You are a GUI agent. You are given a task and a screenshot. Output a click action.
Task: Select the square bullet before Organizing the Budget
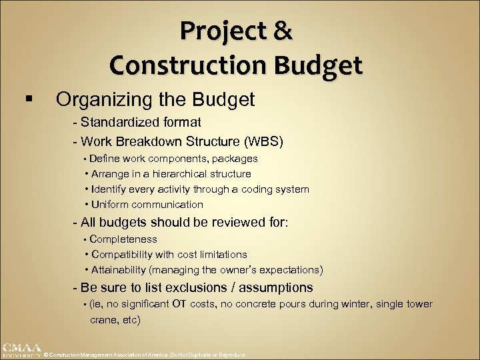tap(27, 101)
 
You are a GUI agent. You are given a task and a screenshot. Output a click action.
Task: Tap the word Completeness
tap(123, 239)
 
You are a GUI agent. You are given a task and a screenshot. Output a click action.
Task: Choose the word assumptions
tap(273, 287)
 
